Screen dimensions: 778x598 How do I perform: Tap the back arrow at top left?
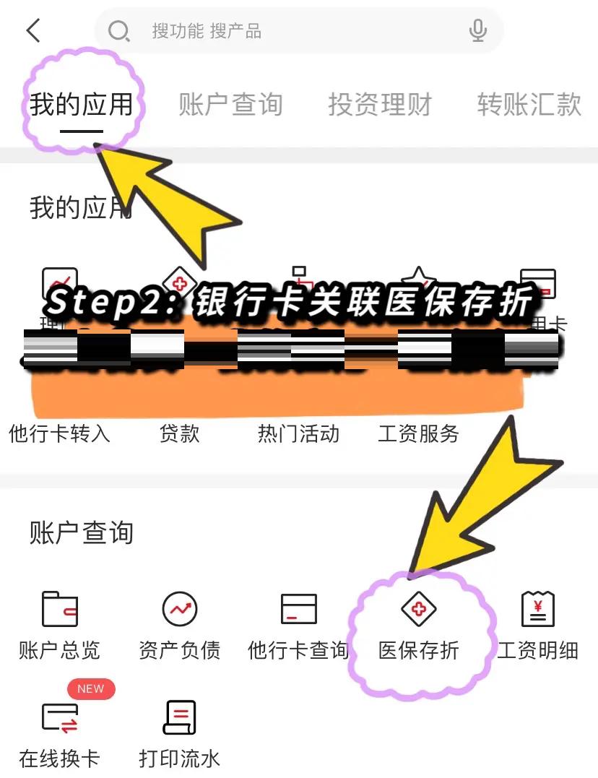pos(33,30)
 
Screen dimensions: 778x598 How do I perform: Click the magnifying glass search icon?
pos(118,31)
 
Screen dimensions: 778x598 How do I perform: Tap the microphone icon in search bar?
pos(477,31)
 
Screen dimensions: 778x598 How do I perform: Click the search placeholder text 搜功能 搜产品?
pos(207,31)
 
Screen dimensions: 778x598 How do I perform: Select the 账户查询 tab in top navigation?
pos(230,105)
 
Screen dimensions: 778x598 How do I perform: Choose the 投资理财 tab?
pos(380,105)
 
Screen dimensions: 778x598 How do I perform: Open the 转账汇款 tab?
pos(529,105)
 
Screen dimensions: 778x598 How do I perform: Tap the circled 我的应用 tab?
pos(82,105)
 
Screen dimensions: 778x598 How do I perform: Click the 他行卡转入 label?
pos(59,433)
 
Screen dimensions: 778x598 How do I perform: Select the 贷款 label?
pos(179,433)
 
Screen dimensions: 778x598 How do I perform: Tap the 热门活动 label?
pos(298,433)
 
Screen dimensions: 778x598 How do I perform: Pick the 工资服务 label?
pos(418,433)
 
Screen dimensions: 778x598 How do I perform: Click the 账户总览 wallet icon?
pos(59,609)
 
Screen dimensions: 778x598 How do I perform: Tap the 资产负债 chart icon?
pos(179,609)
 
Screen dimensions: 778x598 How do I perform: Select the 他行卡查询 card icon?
pos(298,609)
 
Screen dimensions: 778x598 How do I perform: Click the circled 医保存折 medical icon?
pos(419,609)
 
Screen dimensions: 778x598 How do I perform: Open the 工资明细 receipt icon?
pos(538,609)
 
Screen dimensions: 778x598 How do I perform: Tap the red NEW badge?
pos(91,688)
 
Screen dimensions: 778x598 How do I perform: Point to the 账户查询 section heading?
pos(82,533)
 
